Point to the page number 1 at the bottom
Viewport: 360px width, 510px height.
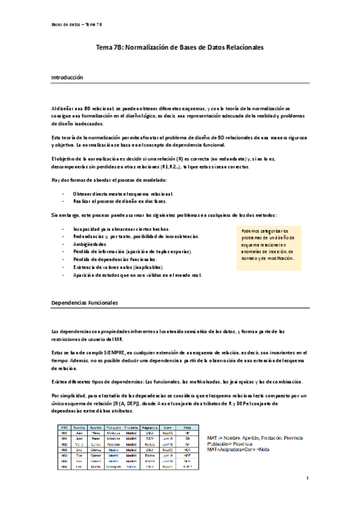click(x=307, y=478)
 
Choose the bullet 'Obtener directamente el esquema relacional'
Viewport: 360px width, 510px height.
click(x=123, y=194)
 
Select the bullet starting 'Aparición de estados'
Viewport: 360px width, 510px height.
click(x=137, y=274)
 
